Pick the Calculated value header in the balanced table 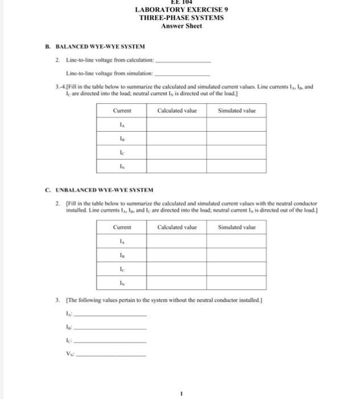tap(177, 111)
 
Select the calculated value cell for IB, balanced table tap(177, 138)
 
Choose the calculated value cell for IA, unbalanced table tap(177, 242)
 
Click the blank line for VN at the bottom tap(112, 355)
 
